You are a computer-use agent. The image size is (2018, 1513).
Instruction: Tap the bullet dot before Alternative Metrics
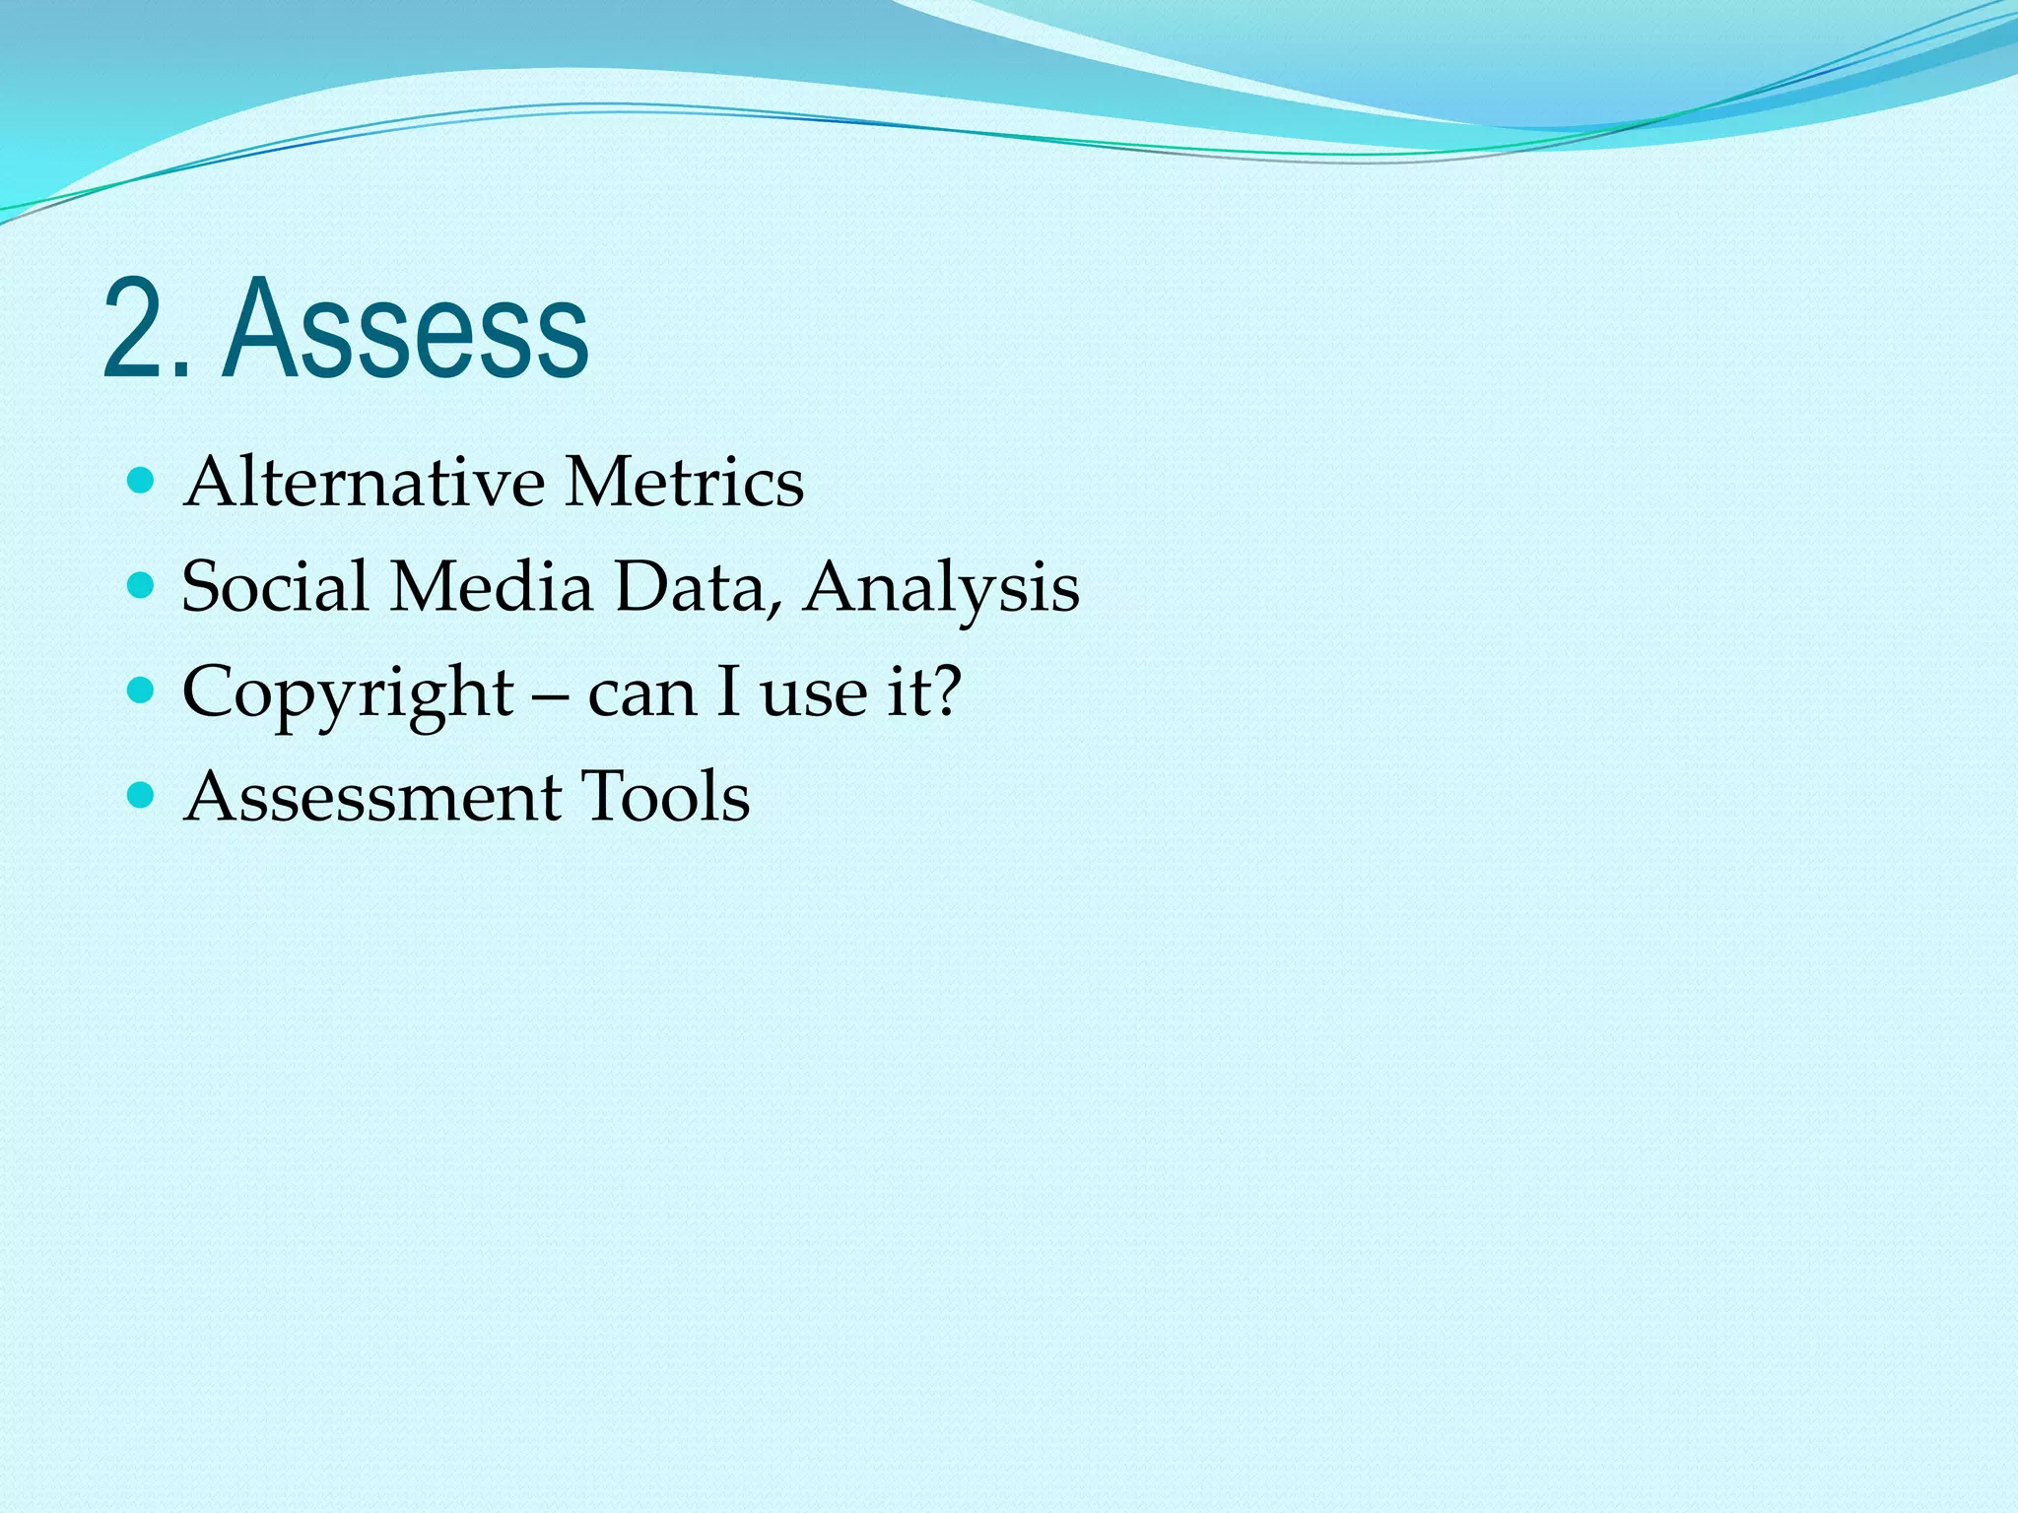click(142, 481)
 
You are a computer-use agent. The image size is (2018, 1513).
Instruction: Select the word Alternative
click(364, 482)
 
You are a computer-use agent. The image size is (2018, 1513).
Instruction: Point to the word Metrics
click(685, 482)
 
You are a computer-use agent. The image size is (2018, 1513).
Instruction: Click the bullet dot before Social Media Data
click(142, 586)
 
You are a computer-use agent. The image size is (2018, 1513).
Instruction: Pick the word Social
click(275, 586)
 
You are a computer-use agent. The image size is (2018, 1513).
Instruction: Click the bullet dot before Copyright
click(142, 691)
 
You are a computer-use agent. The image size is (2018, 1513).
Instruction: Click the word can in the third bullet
click(641, 692)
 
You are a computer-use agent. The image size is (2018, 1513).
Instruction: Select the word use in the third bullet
click(814, 692)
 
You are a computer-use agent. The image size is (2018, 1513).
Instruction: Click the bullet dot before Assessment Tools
click(142, 795)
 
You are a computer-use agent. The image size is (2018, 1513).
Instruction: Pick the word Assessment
click(372, 796)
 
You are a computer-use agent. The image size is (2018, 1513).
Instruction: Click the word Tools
click(665, 796)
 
